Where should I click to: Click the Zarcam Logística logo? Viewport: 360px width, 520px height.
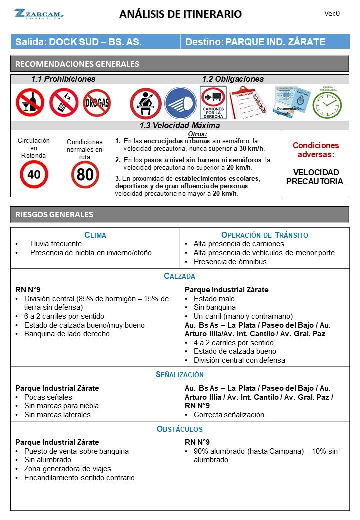38,14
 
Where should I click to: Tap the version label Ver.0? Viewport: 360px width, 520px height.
332,14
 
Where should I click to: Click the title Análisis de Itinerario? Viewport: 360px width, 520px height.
180,14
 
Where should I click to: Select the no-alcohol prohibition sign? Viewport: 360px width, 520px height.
30,103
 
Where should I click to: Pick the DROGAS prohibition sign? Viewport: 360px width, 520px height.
97,103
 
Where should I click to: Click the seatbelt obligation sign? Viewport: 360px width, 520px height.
145,103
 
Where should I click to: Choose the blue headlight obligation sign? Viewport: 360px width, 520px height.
180,103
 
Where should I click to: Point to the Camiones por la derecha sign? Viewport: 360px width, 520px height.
213,103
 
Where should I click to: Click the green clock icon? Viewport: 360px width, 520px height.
327,104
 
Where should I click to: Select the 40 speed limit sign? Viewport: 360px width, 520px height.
34,174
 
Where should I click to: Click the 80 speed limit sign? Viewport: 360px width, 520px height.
85,174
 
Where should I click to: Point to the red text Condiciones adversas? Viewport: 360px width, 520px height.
315,150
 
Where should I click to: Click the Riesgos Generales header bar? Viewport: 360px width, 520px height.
180,214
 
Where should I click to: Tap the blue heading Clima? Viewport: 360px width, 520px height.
95,235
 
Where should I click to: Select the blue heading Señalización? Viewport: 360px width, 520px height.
180,374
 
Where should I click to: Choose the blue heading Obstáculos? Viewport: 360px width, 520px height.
180,429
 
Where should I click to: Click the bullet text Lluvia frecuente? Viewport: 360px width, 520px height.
56,244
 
